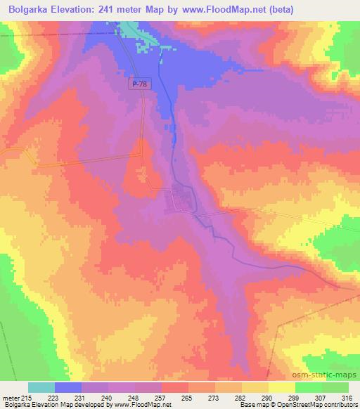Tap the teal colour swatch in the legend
click(x=41, y=387)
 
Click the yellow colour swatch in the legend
click(x=282, y=387)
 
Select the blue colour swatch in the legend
click(x=68, y=387)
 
